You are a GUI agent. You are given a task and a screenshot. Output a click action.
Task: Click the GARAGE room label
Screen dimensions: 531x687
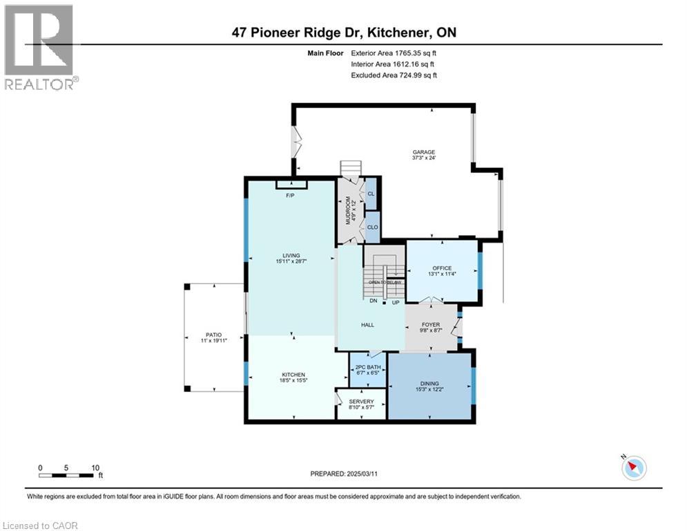tap(424, 153)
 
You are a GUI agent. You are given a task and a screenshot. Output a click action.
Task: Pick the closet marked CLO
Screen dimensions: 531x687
tap(372, 227)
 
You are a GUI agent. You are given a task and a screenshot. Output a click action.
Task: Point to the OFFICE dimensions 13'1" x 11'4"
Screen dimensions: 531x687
tap(442, 274)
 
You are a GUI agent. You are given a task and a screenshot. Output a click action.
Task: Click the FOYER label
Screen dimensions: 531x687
tap(431, 324)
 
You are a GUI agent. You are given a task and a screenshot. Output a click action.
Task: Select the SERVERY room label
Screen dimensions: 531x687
tap(361, 402)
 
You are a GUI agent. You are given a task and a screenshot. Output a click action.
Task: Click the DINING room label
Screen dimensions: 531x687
tap(429, 384)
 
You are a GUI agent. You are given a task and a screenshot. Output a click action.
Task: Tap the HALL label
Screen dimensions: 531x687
tap(367, 325)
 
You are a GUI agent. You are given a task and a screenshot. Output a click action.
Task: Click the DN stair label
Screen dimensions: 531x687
tap(372, 302)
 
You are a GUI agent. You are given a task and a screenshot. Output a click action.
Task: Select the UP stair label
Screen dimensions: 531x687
tap(396, 302)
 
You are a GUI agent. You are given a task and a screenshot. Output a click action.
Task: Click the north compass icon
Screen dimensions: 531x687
tap(633, 468)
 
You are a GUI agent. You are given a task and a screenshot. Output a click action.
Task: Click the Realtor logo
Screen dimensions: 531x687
tap(39, 47)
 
